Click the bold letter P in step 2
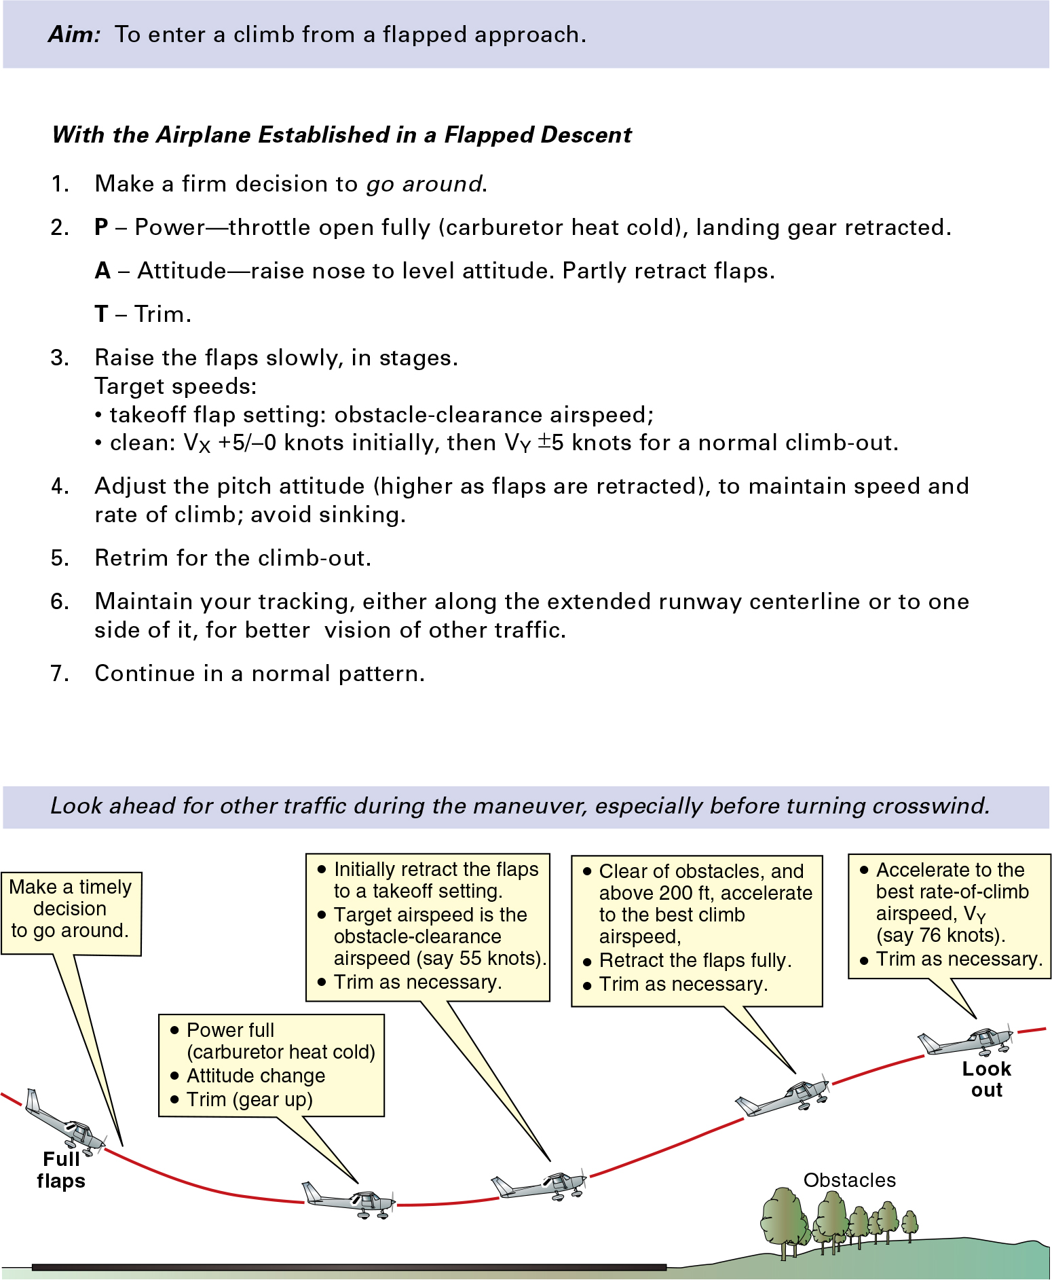click(102, 227)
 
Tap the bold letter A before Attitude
click(102, 271)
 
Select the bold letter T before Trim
click(102, 314)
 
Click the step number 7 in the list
click(59, 674)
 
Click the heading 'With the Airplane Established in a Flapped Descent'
click(342, 135)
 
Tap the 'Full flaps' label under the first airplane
click(61, 1170)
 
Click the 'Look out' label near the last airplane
click(986, 1079)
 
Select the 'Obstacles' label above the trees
click(849, 1180)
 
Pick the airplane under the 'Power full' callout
click(349, 1201)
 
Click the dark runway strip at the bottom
click(350, 1267)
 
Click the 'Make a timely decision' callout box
click(71, 913)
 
